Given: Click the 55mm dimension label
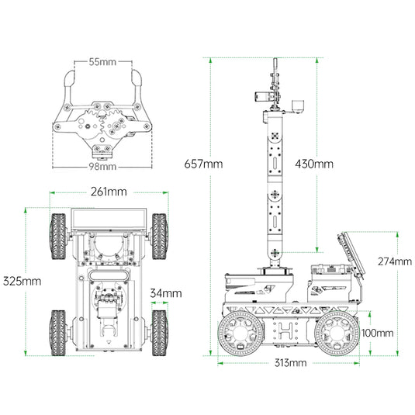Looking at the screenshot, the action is pos(102,62).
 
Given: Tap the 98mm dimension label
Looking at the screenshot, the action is pos(102,167).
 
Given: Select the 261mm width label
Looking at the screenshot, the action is pos(109,192).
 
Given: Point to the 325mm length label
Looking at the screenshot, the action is pos(22,281).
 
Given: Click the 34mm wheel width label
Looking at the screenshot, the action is pos(166,293).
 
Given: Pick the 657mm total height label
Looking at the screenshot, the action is pos(203,164).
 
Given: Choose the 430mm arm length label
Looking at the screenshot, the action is pos(314,164).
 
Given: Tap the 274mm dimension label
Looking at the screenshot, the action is pos(395,261).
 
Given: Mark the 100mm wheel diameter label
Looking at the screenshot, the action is pos(378,333).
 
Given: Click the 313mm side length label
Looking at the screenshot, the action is pos(290,362).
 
